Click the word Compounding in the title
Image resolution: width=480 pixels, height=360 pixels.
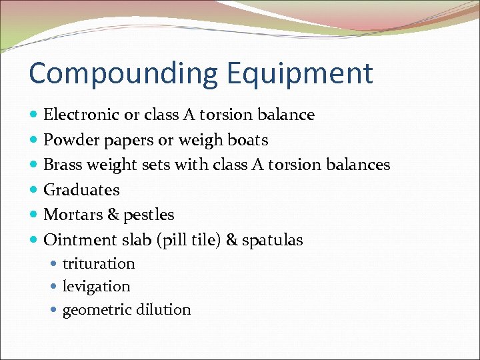(111, 74)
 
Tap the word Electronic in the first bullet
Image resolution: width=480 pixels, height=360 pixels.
(80, 115)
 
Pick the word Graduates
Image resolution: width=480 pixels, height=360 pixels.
(81, 190)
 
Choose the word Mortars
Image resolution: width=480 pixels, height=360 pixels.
(71, 215)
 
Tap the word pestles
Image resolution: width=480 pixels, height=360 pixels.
(149, 215)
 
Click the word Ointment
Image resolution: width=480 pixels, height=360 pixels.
(76, 240)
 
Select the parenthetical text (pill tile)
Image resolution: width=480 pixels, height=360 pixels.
(187, 240)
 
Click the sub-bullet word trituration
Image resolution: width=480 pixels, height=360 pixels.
(99, 264)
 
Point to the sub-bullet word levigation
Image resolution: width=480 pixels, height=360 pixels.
(96, 287)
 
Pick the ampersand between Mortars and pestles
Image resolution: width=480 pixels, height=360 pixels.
(112, 215)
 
